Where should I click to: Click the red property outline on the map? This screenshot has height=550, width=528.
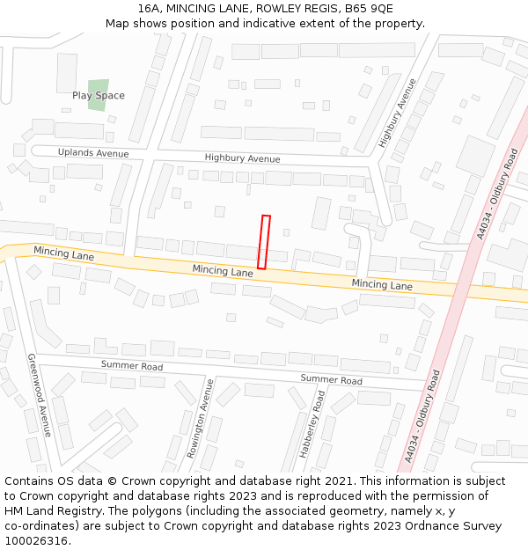(x=263, y=242)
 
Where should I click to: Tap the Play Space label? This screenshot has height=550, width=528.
(x=99, y=96)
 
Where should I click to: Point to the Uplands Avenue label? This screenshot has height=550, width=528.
(x=93, y=153)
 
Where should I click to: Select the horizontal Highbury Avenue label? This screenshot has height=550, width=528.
(x=242, y=158)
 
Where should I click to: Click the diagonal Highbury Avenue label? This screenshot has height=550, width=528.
(x=397, y=113)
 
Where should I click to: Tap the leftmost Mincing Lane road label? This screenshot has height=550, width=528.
(x=64, y=253)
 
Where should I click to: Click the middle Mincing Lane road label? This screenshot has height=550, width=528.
(x=223, y=271)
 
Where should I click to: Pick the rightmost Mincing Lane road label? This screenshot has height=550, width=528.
(x=382, y=285)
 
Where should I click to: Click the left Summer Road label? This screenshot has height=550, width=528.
(x=132, y=365)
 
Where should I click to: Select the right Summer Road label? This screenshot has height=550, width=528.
(x=331, y=380)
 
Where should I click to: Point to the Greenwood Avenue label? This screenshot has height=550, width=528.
(x=40, y=395)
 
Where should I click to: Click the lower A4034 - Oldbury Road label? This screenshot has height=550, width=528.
(x=422, y=415)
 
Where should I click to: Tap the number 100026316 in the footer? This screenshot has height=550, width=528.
(x=38, y=541)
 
